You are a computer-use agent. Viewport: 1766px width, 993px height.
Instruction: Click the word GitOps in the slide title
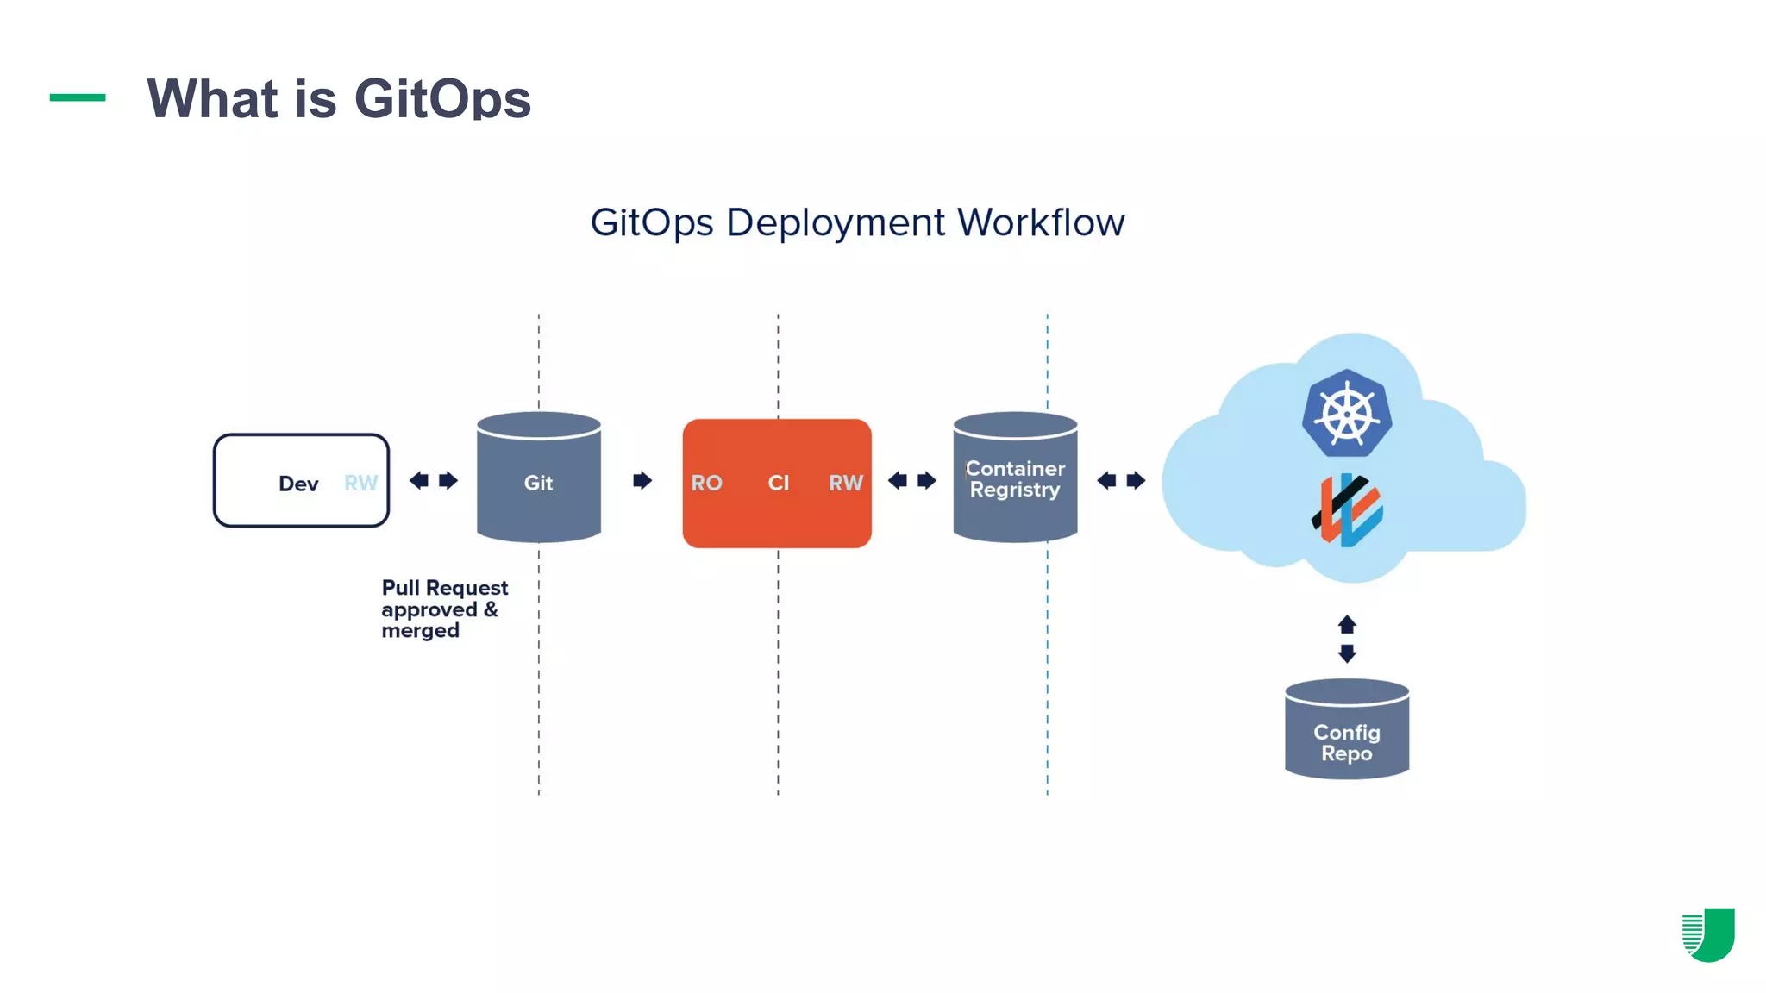coord(442,98)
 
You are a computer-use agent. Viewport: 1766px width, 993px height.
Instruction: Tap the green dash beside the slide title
coord(78,97)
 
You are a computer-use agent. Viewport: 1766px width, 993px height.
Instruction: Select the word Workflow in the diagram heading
coord(1041,222)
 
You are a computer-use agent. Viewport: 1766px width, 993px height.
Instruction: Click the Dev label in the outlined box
coord(298,484)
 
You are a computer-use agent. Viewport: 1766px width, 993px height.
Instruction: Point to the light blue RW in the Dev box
coord(360,483)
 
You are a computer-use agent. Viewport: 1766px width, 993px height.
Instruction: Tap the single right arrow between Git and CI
coord(642,480)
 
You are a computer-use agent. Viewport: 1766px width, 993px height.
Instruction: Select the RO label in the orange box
coord(706,483)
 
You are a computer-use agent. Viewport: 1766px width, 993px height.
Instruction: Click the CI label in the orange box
coord(778,483)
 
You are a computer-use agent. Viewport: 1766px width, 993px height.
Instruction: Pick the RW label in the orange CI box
coord(845,483)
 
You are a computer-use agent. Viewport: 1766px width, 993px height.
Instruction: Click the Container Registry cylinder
coord(1015,478)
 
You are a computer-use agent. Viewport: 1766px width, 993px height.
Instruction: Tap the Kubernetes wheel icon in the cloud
coord(1346,414)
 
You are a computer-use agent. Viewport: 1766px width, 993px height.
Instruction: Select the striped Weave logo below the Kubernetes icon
coord(1347,510)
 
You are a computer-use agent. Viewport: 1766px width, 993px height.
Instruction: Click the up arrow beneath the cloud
coord(1347,624)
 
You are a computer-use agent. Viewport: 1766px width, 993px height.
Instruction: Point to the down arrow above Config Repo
coord(1347,653)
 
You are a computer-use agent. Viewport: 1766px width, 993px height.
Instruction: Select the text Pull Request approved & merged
coord(444,609)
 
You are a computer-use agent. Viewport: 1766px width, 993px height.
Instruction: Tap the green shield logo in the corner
coord(1708,934)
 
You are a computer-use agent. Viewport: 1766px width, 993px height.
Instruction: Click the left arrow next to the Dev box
coord(419,480)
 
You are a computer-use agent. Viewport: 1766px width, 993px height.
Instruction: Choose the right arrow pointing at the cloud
coord(1136,480)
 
